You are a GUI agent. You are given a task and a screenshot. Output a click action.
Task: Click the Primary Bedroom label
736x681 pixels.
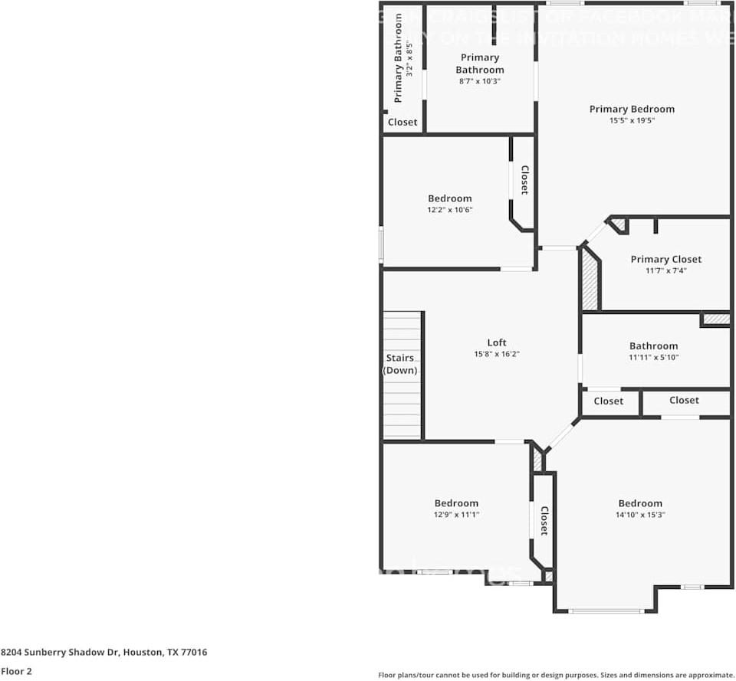click(x=632, y=109)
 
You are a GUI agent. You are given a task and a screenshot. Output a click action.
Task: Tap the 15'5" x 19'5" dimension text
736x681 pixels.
click(x=632, y=120)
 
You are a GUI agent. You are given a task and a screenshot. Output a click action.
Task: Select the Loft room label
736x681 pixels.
click(x=497, y=342)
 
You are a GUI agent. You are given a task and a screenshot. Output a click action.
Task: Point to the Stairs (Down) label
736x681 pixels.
click(x=400, y=364)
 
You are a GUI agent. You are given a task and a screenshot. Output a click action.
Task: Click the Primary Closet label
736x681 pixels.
click(x=665, y=259)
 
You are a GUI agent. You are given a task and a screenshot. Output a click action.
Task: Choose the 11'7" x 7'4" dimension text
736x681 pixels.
click(x=665, y=270)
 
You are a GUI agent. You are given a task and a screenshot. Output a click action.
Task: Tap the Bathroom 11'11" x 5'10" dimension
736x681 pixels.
click(x=653, y=357)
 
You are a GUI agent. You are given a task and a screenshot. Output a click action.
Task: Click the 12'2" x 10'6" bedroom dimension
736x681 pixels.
click(x=450, y=209)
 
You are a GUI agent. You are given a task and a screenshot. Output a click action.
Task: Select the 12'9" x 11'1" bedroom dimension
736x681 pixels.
click(x=456, y=515)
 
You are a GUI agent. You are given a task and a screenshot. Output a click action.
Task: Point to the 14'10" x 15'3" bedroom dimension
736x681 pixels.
click(x=640, y=515)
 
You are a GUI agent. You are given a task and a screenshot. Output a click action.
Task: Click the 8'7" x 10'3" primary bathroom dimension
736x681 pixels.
click(x=479, y=80)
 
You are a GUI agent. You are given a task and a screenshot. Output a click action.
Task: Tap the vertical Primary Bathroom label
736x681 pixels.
click(x=398, y=58)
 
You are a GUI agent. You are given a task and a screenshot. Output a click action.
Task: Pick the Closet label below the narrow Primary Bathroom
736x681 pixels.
click(x=402, y=122)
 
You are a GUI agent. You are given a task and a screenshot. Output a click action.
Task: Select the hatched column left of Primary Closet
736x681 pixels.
click(x=590, y=279)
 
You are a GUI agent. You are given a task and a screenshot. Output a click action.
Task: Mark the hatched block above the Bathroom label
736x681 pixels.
click(x=716, y=318)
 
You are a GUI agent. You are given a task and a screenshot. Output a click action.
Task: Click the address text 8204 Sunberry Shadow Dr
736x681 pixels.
click(x=103, y=653)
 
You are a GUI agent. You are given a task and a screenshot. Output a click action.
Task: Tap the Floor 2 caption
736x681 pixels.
click(x=15, y=671)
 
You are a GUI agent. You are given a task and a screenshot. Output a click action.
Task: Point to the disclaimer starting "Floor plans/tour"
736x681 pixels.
click(x=556, y=675)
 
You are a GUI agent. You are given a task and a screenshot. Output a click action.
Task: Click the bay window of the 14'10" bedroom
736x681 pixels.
click(x=606, y=611)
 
